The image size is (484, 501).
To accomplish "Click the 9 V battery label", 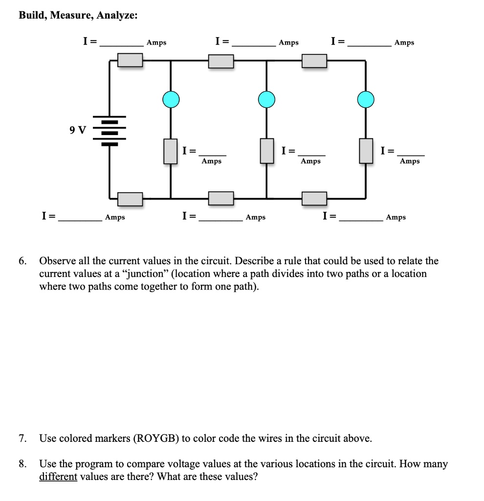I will pyautogui.click(x=77, y=130).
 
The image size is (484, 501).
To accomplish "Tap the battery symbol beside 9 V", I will pyautogui.click(x=110, y=131).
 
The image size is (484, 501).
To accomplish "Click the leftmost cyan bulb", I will pyautogui.click(x=171, y=99).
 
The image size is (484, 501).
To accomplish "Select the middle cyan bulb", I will pyautogui.click(x=266, y=99).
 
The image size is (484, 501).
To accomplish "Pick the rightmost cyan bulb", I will pyautogui.click(x=366, y=99).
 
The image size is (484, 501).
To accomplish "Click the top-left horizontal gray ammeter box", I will pyautogui.click(x=131, y=60).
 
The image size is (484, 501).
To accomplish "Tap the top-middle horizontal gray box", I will pyautogui.click(x=221, y=61).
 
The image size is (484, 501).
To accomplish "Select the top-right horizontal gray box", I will pyautogui.click(x=314, y=61).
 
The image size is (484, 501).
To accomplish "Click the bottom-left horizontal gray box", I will pyautogui.click(x=131, y=199).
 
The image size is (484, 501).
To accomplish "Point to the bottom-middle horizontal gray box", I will pyautogui.click(x=221, y=198).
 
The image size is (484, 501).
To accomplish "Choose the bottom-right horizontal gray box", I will pyautogui.click(x=314, y=198).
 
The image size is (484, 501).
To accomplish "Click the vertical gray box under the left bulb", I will pyautogui.click(x=170, y=151).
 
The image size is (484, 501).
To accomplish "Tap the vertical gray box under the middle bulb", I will pyautogui.click(x=266, y=151).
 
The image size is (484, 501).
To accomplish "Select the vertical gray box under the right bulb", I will pyautogui.click(x=366, y=151).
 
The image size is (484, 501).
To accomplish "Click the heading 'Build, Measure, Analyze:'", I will pyautogui.click(x=78, y=16).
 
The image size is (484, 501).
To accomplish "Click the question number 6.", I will pyautogui.click(x=23, y=261).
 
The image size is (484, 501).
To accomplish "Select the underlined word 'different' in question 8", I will pyautogui.click(x=58, y=477).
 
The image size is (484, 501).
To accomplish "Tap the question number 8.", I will pyautogui.click(x=23, y=464).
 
